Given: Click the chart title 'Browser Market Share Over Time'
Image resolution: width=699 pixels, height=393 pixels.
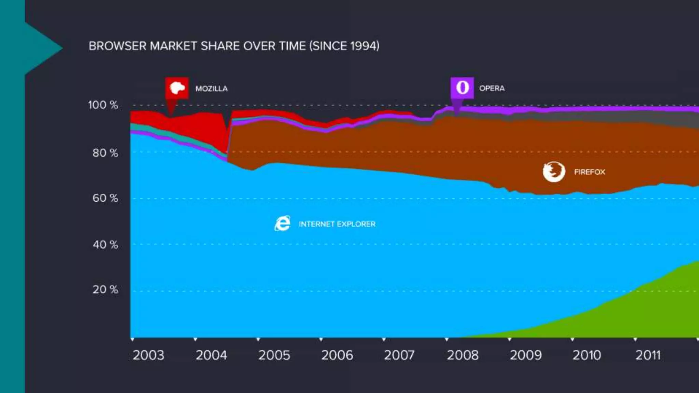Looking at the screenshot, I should coord(234,46).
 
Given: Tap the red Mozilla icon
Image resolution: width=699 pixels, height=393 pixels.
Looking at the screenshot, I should coord(177,88).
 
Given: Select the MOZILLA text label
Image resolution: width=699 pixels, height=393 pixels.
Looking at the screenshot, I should coord(211,89).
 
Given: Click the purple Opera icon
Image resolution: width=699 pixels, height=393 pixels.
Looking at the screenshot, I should coord(462,88).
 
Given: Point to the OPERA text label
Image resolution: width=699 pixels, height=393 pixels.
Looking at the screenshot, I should coord(491,88).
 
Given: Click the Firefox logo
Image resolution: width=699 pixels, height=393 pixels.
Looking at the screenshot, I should coord(554,172).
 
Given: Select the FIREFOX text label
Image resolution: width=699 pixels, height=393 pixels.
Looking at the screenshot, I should coord(589,172).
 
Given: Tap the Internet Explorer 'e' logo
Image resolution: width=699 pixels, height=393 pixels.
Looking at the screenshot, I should coord(283,223).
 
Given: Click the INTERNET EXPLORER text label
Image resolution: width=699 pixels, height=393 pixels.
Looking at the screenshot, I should coord(337,224).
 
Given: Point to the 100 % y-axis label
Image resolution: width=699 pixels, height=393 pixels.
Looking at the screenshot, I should coord(103,105).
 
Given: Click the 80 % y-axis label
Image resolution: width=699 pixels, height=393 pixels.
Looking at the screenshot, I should coord(105,153).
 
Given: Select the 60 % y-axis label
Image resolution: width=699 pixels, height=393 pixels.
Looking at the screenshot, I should coord(105,198).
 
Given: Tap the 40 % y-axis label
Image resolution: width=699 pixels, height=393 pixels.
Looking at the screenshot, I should coord(105,245).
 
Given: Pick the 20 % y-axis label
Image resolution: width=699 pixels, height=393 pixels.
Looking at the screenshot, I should coord(105,290).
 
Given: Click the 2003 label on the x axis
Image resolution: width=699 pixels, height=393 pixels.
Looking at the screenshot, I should coord(148,355).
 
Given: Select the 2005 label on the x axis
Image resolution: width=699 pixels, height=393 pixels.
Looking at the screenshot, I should coord(274,355).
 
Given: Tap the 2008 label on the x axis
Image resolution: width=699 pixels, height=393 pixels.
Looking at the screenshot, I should coord(463,355).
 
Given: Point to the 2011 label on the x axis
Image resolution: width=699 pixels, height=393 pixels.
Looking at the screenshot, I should coord(648,355).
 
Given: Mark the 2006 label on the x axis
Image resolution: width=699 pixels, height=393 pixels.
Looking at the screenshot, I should coord(337,355).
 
